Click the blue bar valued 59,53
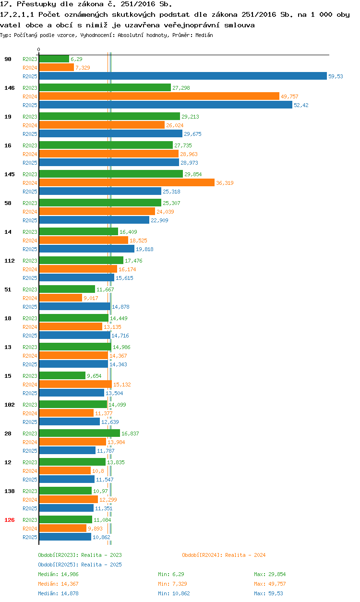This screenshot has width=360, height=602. click(x=182, y=76)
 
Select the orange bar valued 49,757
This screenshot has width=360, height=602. click(x=159, y=96)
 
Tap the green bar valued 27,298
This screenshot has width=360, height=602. click(x=105, y=87)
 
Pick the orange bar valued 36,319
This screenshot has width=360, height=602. click(x=127, y=182)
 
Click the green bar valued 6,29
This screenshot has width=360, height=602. click(x=54, y=59)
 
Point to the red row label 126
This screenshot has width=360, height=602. click(x=10, y=520)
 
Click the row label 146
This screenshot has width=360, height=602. click(x=10, y=88)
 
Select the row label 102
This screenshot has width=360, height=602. click(x=10, y=405)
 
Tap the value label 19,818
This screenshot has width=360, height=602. click(x=144, y=249)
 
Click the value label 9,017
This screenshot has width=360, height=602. click(x=91, y=298)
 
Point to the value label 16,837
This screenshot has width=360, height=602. click(x=130, y=433)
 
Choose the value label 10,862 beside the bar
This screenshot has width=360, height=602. click(x=101, y=537)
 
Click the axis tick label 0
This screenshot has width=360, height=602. click(x=39, y=50)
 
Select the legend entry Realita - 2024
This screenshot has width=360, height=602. click(x=224, y=555)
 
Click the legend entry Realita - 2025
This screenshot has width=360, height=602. click(x=80, y=565)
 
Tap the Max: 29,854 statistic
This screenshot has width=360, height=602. click(x=270, y=574)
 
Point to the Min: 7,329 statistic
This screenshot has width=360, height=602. click(x=171, y=584)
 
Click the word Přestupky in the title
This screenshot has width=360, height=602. click(x=31, y=4)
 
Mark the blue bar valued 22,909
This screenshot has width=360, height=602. click(x=94, y=220)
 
